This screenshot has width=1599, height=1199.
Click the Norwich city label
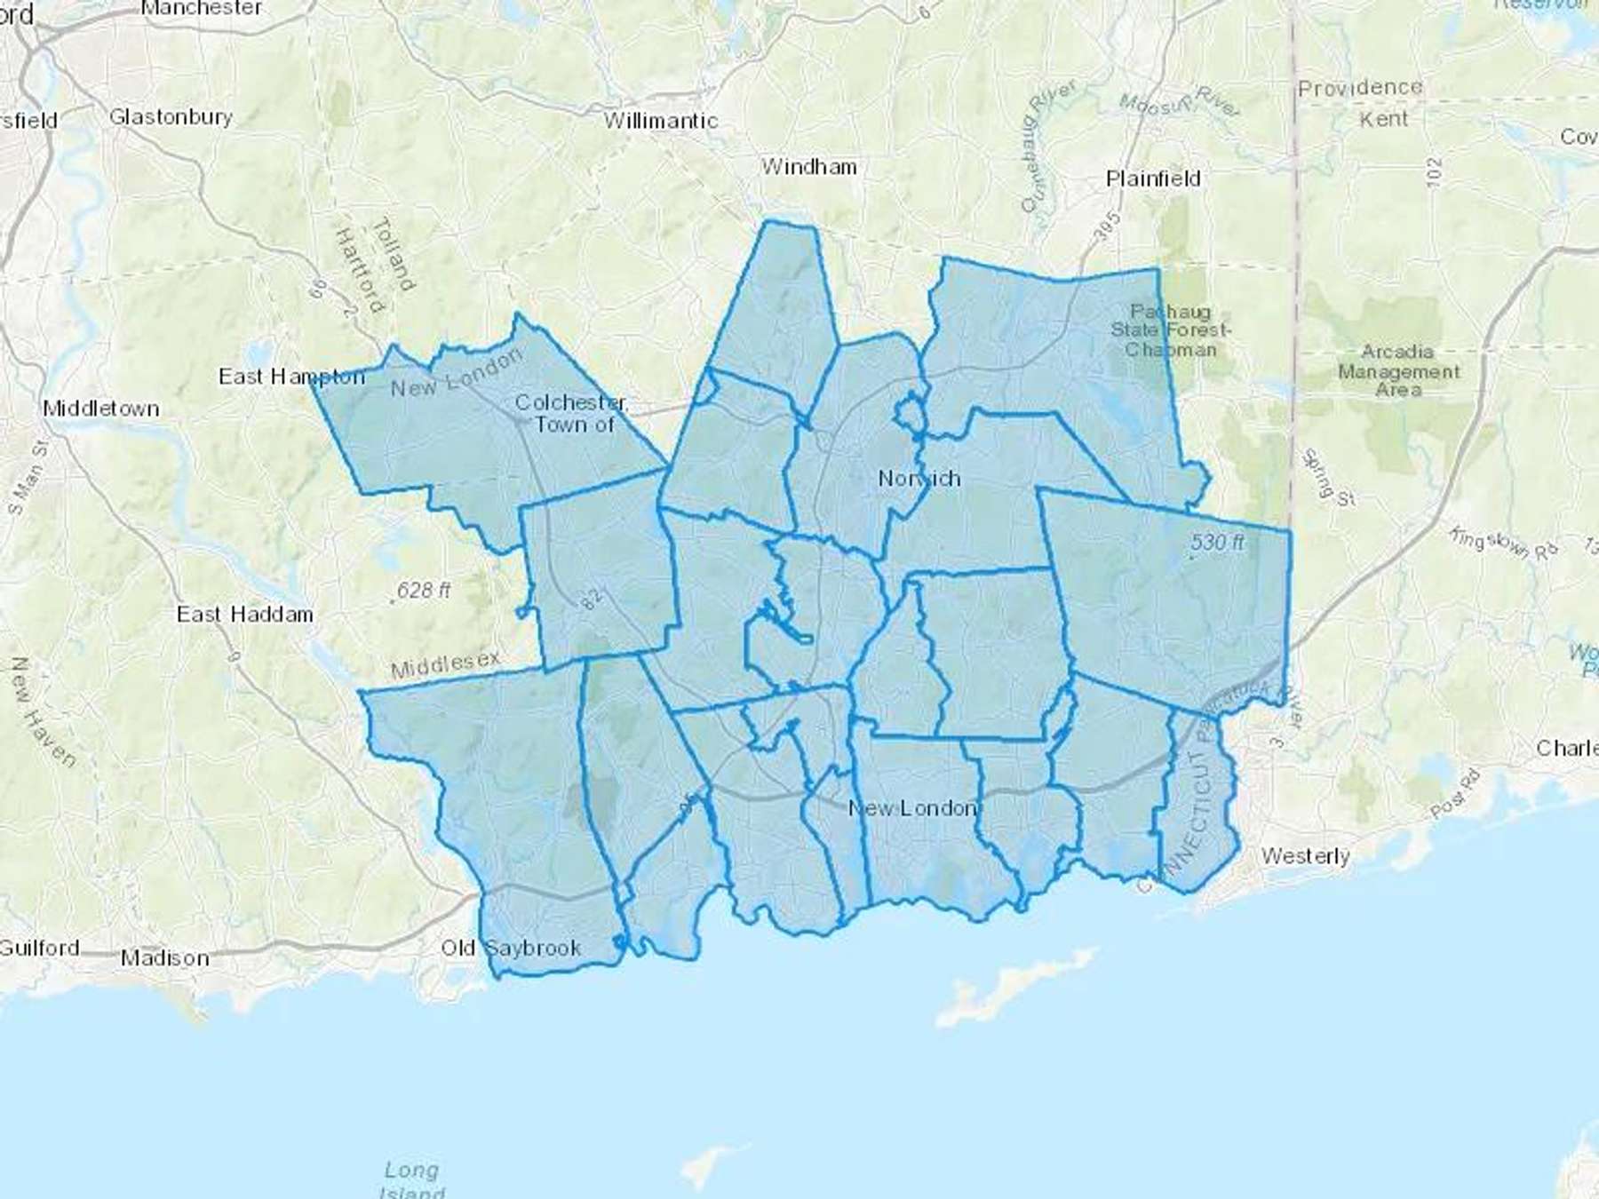pyautogui.click(x=919, y=479)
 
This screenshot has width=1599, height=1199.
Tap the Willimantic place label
pyautogui.click(x=661, y=121)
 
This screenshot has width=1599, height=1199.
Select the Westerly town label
pyautogui.click(x=1305, y=856)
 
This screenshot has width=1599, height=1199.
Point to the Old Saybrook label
pyautogui.click(x=511, y=948)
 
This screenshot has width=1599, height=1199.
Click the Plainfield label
pyautogui.click(x=1153, y=179)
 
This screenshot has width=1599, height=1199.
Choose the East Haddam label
pyautogui.click(x=244, y=614)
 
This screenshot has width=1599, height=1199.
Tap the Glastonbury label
pyautogui.click(x=171, y=116)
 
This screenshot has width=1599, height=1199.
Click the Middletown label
pyautogui.click(x=101, y=409)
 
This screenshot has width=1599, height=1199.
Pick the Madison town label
pyautogui.click(x=165, y=957)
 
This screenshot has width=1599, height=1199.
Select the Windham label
pyautogui.click(x=808, y=166)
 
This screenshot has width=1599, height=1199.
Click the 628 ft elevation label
pyautogui.click(x=424, y=590)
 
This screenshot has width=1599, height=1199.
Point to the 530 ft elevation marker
pyautogui.click(x=1217, y=542)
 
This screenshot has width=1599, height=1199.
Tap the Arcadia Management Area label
pyautogui.click(x=1398, y=370)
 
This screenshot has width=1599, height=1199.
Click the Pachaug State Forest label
pyautogui.click(x=1171, y=330)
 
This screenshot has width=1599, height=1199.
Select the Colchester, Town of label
pyautogui.click(x=572, y=413)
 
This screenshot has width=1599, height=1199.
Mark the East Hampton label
pyautogui.click(x=291, y=377)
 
